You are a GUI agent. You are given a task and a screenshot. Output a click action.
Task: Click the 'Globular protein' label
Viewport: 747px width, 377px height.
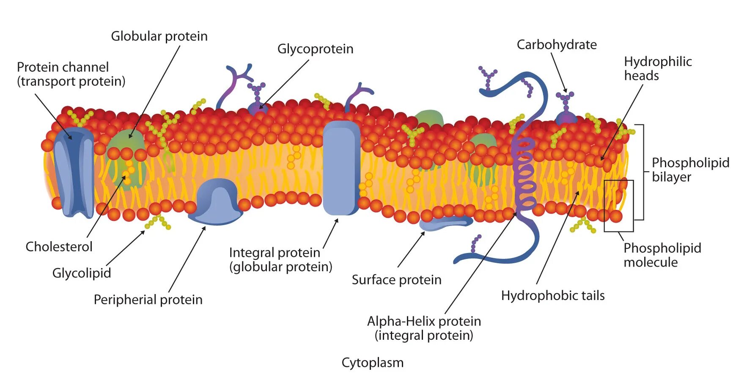pos(159,36)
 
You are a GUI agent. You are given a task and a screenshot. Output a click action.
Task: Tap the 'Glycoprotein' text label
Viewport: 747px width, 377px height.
pos(315,49)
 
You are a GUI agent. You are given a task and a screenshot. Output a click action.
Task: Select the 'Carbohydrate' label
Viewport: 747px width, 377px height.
pos(557,44)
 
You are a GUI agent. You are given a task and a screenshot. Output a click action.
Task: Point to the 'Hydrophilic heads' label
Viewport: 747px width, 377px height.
pos(657,69)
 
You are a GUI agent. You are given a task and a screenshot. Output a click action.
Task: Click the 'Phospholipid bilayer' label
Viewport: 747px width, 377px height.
pos(690,170)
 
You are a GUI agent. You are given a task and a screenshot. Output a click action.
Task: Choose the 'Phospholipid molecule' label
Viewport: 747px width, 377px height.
pos(662,255)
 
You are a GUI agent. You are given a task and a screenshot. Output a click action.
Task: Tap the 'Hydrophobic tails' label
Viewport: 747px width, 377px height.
pos(552,295)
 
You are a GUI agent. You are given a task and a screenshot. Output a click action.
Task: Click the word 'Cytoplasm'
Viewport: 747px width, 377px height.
pos(372,363)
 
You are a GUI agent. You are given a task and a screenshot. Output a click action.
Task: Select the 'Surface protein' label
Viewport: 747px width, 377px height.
pos(396,280)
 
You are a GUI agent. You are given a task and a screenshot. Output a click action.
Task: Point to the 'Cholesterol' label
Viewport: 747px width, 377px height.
pos(59,247)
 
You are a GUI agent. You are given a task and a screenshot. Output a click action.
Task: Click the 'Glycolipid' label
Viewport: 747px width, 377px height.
pos(82,273)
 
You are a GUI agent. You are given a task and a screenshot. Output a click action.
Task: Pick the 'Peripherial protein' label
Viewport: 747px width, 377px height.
pos(148,300)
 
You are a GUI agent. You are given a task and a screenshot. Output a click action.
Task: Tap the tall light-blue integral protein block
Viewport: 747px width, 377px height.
pos(341,167)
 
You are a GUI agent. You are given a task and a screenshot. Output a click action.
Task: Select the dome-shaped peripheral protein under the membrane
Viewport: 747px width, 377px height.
pos(216,202)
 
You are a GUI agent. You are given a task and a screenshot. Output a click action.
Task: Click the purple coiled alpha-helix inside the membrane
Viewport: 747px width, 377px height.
pos(525,173)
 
